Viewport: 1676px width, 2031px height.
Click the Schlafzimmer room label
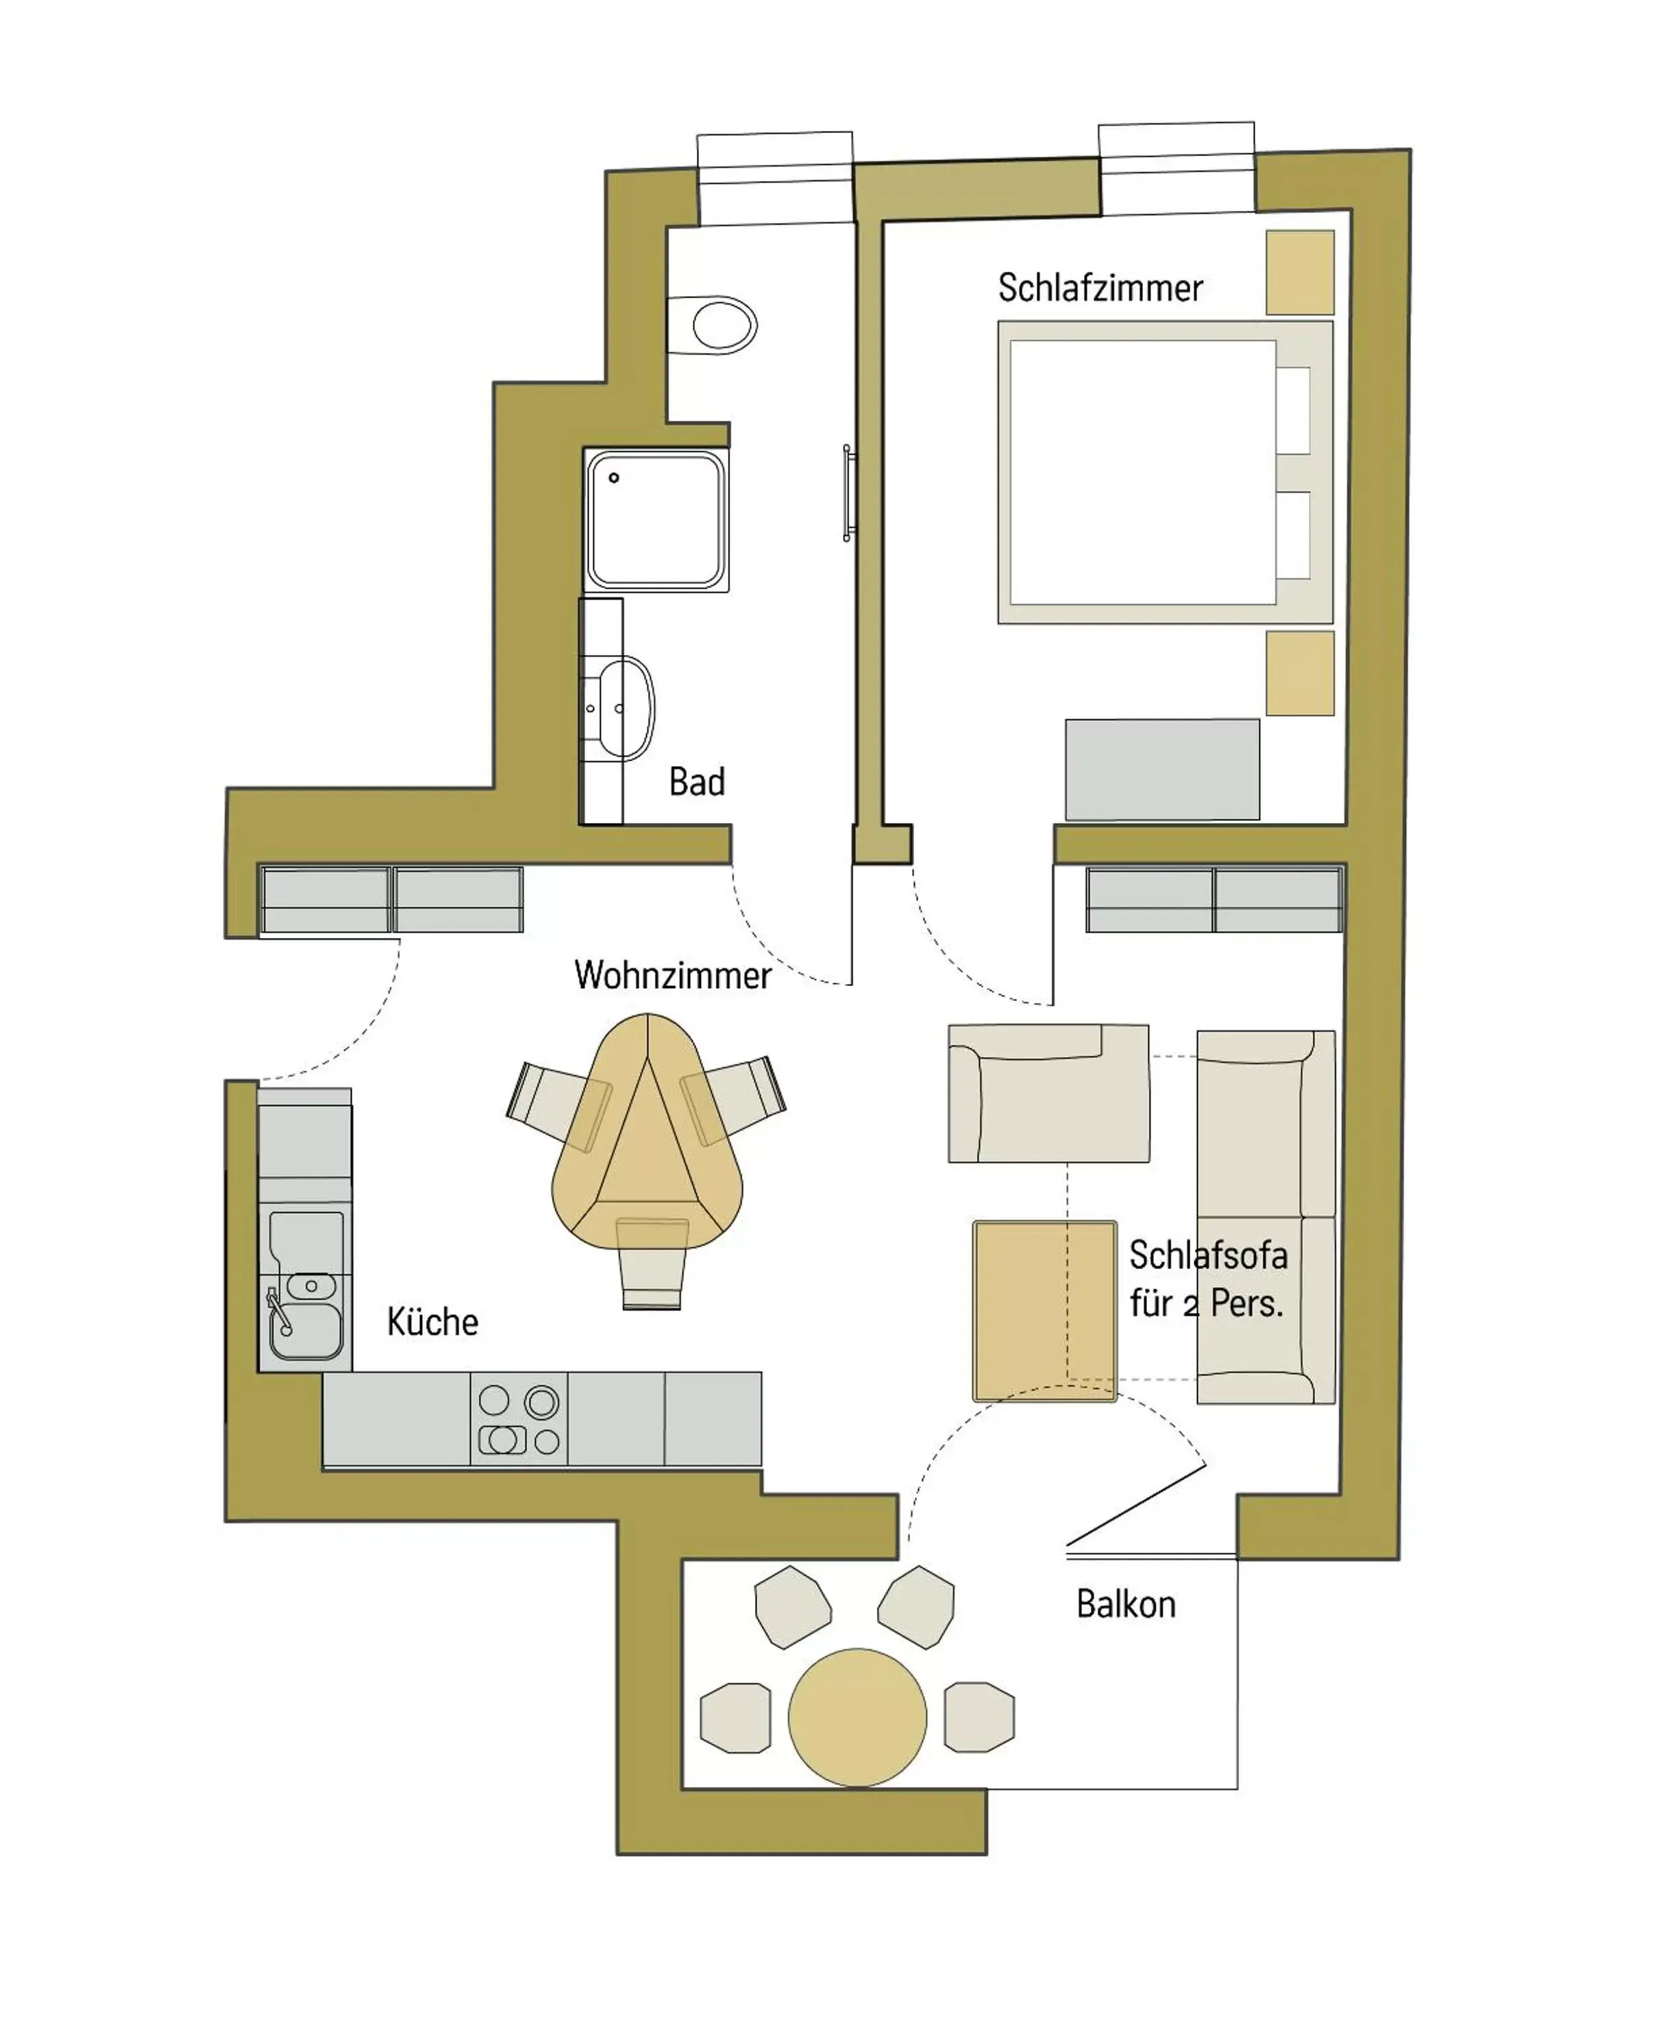click(1100, 288)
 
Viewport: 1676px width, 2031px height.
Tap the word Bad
click(696, 782)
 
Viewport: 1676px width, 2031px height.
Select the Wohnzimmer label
click(672, 975)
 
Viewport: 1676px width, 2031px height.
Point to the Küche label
click(432, 1322)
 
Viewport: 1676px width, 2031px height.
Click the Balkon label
click(1126, 1604)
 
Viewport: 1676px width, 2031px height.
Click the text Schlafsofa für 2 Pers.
click(1208, 1280)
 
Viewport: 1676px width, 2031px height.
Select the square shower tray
click(656, 519)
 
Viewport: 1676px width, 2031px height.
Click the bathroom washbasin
click(621, 709)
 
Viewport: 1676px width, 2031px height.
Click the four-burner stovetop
click(519, 1420)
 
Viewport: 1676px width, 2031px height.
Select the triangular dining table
click(647, 1139)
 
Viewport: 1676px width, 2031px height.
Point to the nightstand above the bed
click(1299, 272)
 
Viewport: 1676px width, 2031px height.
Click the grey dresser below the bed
click(1161, 770)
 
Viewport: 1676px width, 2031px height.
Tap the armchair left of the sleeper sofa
click(1048, 1094)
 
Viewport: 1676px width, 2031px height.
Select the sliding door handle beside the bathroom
click(848, 493)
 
